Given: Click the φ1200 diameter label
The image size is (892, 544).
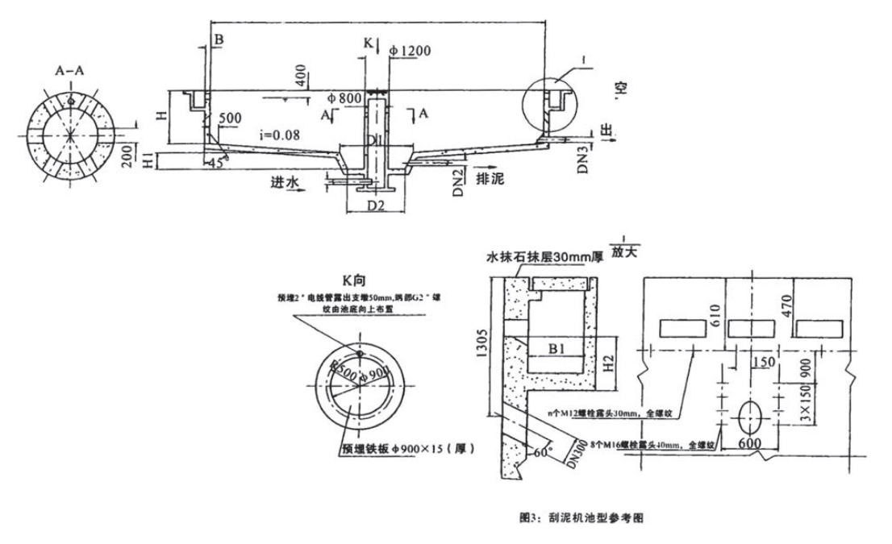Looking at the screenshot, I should tap(409, 50).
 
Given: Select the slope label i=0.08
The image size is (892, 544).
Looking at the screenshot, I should tap(280, 135).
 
